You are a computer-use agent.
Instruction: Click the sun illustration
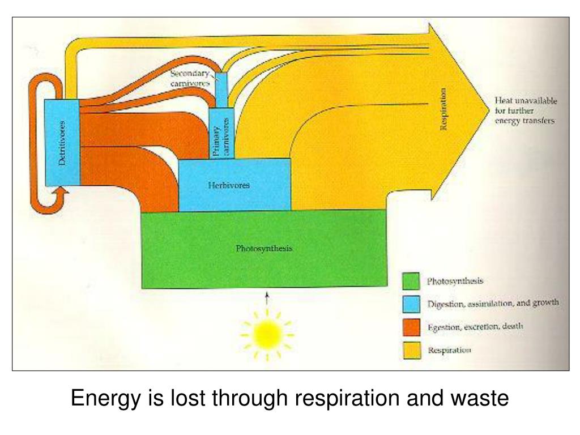point(267,334)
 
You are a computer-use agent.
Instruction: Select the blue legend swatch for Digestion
point(411,304)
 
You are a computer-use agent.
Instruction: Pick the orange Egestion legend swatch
point(411,327)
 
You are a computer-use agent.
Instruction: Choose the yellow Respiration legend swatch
point(411,350)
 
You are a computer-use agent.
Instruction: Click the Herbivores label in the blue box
point(228,185)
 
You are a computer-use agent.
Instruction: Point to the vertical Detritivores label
point(62,143)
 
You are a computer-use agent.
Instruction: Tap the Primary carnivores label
point(221,136)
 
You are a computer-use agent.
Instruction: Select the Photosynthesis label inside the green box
point(264,248)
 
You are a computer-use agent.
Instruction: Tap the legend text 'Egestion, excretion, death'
point(475,327)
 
